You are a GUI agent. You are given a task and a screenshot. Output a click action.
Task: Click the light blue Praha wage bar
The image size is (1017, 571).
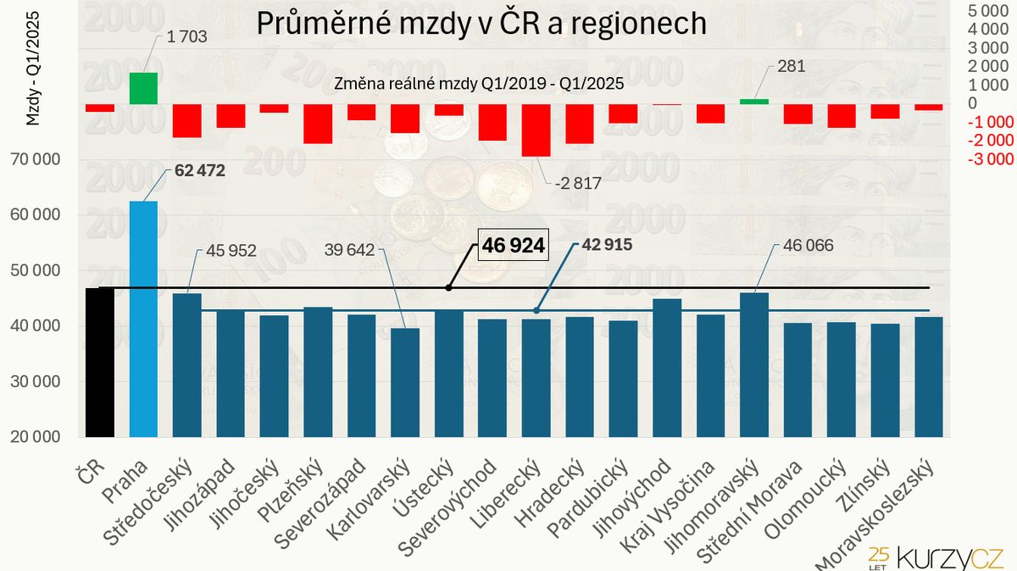tap(143, 319)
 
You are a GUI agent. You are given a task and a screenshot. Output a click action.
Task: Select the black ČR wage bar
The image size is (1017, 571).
tap(99, 363)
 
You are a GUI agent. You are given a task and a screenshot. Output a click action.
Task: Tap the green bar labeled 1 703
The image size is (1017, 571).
tap(143, 88)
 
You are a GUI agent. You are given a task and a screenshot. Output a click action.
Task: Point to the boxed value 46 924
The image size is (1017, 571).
tap(514, 246)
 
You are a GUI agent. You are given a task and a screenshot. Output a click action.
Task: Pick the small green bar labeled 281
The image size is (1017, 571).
tap(754, 101)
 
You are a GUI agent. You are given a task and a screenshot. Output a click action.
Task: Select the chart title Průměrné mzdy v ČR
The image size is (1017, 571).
tap(481, 23)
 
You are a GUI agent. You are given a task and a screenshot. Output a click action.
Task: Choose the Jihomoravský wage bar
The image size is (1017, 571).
tap(754, 364)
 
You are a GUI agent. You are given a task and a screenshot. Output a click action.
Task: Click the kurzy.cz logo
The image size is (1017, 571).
tap(936, 555)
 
